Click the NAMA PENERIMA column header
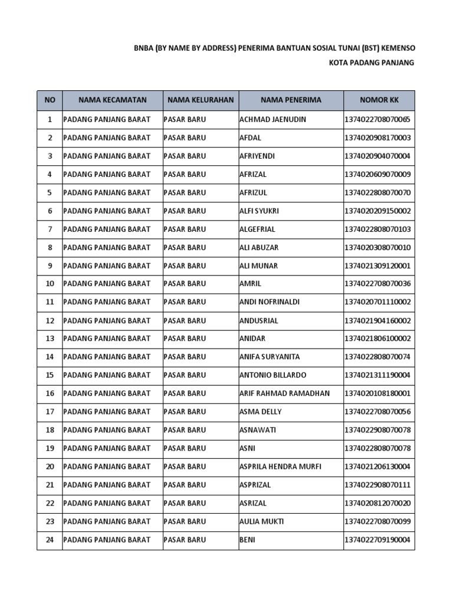(x=291, y=100)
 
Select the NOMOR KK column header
(x=379, y=100)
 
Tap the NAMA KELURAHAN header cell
(x=201, y=100)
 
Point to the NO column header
(x=50, y=100)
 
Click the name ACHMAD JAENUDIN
(x=273, y=120)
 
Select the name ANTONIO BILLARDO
(x=273, y=375)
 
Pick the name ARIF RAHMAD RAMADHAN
(x=284, y=393)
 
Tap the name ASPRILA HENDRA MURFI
(x=280, y=467)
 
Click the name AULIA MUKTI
(x=262, y=521)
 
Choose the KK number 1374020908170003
(x=377, y=138)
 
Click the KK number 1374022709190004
(x=377, y=540)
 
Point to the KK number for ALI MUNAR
(x=377, y=266)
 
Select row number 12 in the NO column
(x=50, y=321)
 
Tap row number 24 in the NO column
(x=50, y=540)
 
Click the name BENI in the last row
(x=248, y=540)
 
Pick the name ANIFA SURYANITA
(x=270, y=357)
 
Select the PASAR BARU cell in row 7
(x=185, y=229)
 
